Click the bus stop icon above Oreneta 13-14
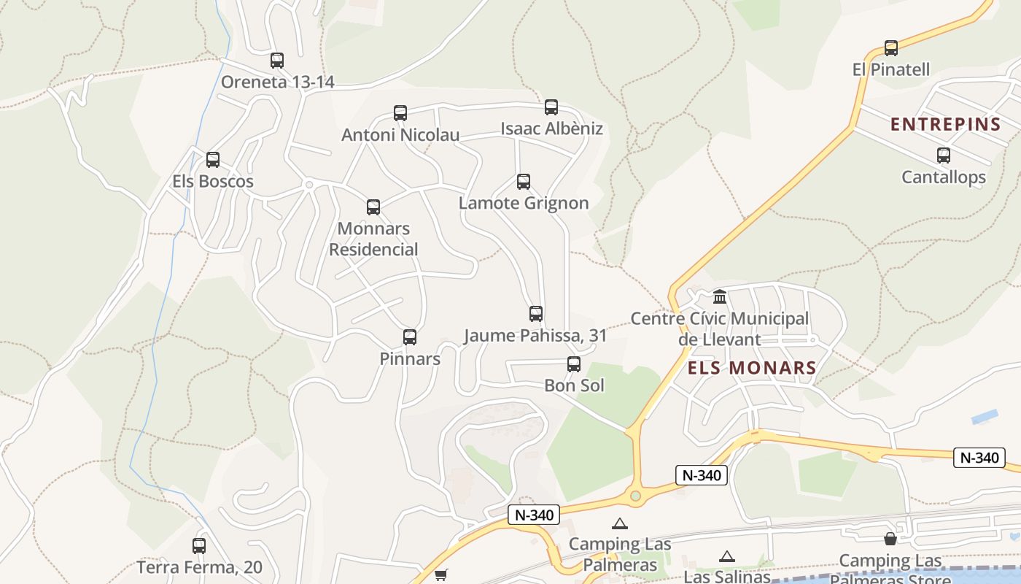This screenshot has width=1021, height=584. (x=277, y=61)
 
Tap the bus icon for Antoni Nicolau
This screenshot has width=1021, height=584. (x=400, y=113)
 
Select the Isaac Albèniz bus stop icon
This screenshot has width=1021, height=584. (x=551, y=107)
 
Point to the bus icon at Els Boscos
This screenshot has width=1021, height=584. (x=213, y=160)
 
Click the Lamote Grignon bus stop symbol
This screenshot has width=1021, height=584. (x=524, y=182)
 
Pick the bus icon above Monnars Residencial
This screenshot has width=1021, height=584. (x=373, y=207)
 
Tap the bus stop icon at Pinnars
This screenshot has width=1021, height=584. (x=410, y=337)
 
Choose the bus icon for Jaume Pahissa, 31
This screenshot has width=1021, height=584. (x=536, y=314)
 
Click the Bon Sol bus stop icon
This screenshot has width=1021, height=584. (x=574, y=364)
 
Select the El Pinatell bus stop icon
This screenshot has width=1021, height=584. (x=891, y=48)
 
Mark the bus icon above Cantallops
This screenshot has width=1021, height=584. (x=944, y=155)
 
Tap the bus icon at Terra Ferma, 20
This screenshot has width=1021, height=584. (x=199, y=545)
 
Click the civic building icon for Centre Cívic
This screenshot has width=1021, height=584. (x=720, y=296)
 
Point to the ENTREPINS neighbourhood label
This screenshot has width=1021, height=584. (x=945, y=125)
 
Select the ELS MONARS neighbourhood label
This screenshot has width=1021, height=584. (x=752, y=368)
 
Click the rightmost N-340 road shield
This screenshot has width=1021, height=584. (x=979, y=458)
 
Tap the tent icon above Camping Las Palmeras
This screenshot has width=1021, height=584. (x=620, y=523)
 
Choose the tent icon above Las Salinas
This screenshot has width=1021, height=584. (x=726, y=557)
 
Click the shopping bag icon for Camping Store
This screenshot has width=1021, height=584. (x=890, y=539)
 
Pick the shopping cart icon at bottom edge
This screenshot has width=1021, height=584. (x=440, y=575)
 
